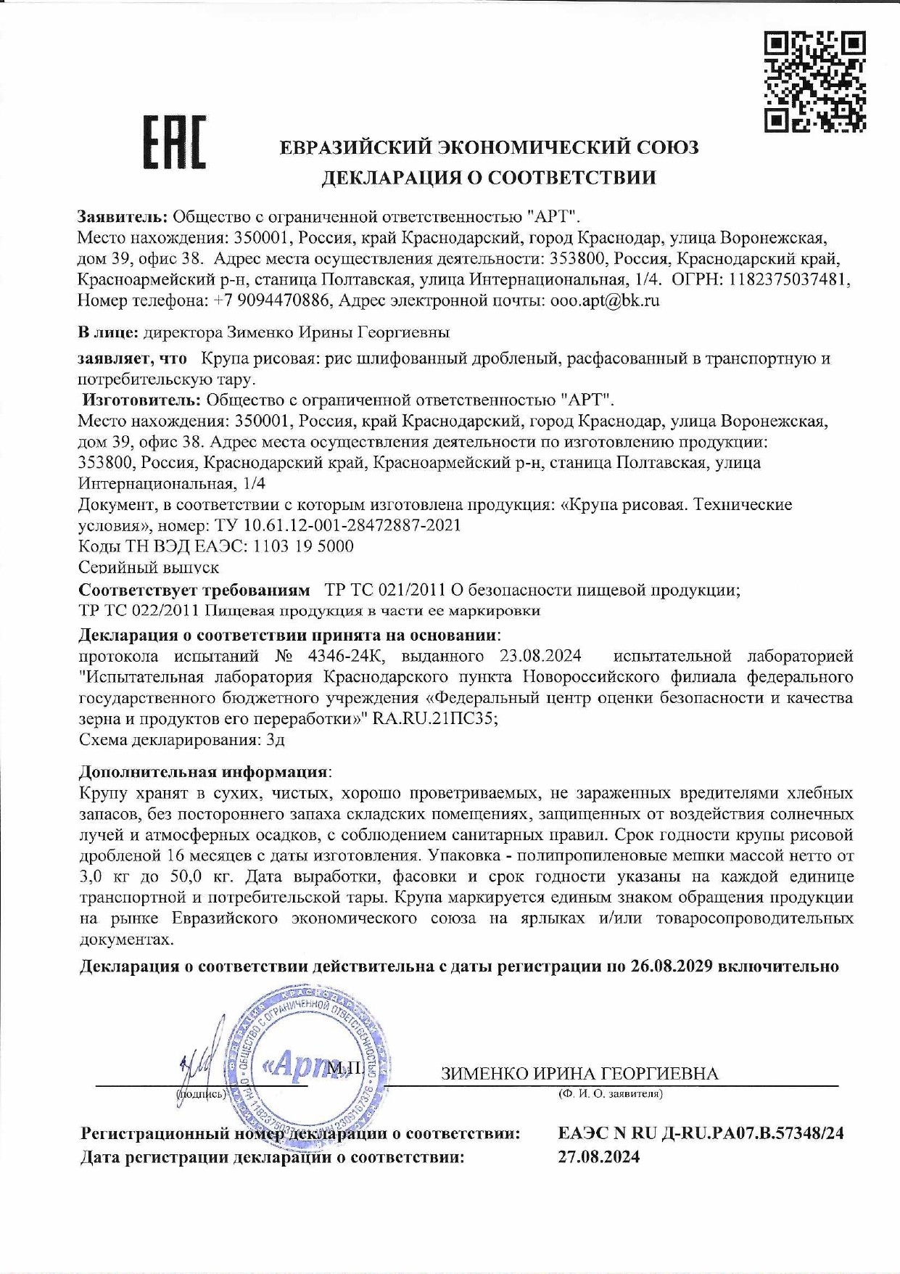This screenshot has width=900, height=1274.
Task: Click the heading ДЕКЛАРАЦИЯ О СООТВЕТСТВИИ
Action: pyautogui.click(x=489, y=178)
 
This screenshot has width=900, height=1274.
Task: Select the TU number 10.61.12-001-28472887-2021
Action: pyautogui.click(x=337, y=525)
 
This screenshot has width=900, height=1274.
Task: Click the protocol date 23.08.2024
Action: pyautogui.click(x=540, y=657)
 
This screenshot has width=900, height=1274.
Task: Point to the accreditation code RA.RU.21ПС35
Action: pyautogui.click(x=434, y=719)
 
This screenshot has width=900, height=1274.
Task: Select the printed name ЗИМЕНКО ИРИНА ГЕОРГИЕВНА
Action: pyautogui.click(x=579, y=1074)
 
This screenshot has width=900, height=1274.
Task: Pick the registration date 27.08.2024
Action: pyautogui.click(x=599, y=1156)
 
